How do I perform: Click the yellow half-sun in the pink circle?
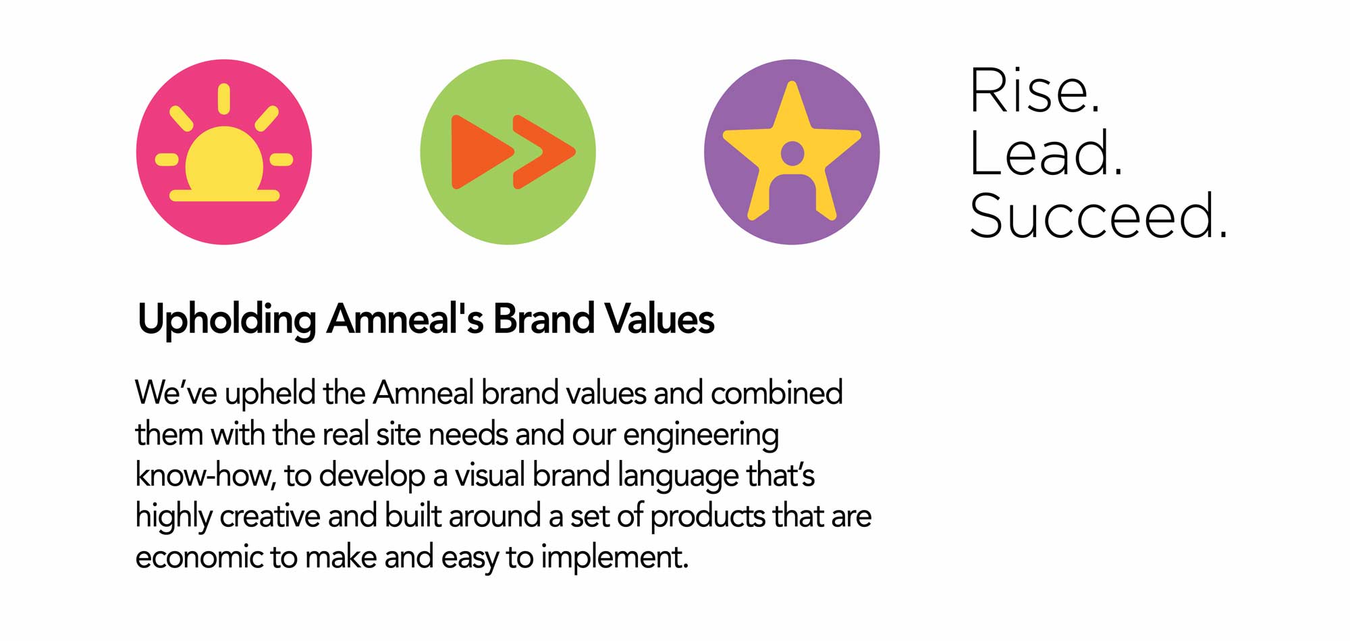point(223,159)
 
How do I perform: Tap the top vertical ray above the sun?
point(224,99)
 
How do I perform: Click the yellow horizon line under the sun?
point(224,196)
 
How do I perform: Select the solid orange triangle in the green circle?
point(479,152)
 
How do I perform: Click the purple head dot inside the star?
point(792,153)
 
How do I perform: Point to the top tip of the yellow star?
point(792,82)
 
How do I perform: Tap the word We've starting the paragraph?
point(176,392)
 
